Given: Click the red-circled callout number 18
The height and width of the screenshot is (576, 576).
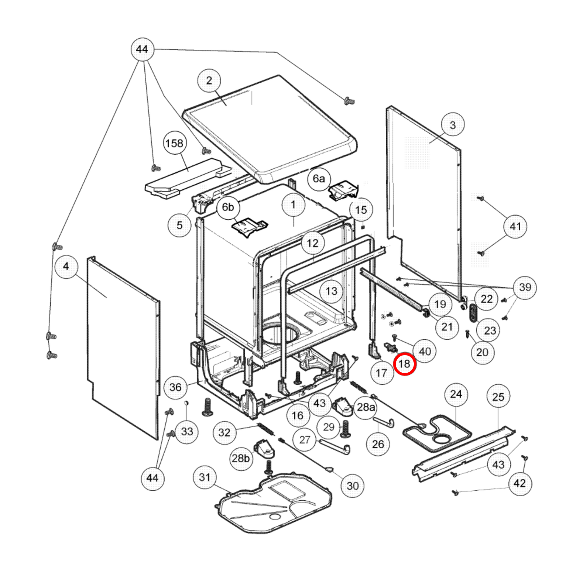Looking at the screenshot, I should click(x=405, y=364).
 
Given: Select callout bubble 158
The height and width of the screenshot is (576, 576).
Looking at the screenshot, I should click(x=174, y=143).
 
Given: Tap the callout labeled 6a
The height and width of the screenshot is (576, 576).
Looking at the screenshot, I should click(x=318, y=179).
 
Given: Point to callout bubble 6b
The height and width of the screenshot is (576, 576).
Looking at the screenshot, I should click(x=228, y=207).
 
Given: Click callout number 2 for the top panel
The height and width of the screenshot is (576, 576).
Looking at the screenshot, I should click(x=209, y=81).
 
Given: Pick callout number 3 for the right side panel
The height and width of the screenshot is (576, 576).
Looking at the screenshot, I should click(x=452, y=125).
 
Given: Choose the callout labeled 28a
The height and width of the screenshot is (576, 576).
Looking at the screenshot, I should click(x=366, y=407).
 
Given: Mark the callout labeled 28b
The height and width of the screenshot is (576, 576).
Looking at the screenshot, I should click(x=241, y=458).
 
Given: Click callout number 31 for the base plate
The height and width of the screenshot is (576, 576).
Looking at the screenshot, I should click(x=204, y=477).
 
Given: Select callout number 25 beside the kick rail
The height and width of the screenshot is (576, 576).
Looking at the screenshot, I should click(x=498, y=397).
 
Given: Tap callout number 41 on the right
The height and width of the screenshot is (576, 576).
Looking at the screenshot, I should click(x=515, y=226).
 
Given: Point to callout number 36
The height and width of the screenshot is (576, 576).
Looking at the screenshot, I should click(x=175, y=387).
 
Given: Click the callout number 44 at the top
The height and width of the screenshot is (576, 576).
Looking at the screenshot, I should click(x=142, y=49).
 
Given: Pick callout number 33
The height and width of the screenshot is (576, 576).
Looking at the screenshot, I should click(x=187, y=431).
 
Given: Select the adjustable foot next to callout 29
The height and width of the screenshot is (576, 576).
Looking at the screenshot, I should click(x=345, y=428).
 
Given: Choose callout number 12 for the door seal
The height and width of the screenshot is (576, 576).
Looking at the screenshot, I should click(x=313, y=243).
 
